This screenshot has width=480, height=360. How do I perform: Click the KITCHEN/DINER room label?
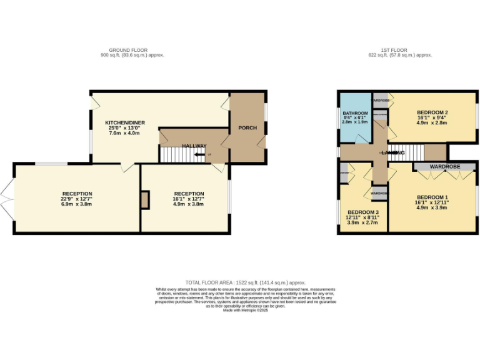122,122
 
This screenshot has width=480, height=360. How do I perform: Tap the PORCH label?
247,128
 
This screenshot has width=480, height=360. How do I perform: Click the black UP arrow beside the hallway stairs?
200,154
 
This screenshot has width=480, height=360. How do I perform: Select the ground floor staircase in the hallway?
174,154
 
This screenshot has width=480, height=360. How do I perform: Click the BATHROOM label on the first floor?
355,112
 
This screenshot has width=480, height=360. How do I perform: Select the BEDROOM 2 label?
432,112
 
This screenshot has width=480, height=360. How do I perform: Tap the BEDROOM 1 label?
432,197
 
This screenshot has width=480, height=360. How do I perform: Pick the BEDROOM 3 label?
363,212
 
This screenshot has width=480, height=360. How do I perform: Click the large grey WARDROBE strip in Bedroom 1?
445,167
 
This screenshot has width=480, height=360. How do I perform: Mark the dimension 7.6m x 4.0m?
122,133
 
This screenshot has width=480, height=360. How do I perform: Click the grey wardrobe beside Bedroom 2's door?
381,100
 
